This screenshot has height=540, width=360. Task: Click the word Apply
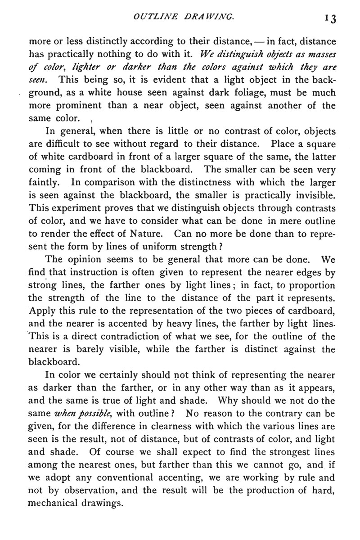coord(43,310)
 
